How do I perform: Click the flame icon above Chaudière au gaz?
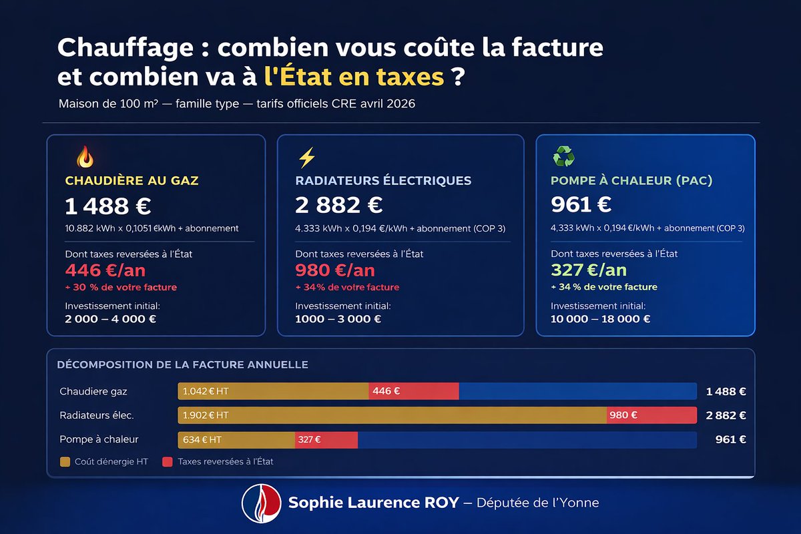[x=85, y=157]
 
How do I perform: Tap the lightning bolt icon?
[x=306, y=158]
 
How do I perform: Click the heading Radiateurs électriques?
[x=383, y=180]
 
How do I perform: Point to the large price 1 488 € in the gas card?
[x=107, y=206]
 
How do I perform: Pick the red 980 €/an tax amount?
[x=334, y=270]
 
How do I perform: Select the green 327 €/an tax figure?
[x=588, y=270]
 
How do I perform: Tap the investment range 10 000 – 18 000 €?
[x=599, y=318]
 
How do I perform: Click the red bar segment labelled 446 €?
[x=414, y=391]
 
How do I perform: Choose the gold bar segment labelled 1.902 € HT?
[x=392, y=415]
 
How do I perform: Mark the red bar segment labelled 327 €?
[x=326, y=439]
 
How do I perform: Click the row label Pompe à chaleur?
[x=99, y=439]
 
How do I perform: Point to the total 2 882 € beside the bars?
[x=726, y=415]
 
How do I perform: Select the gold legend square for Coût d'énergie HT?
[x=65, y=461]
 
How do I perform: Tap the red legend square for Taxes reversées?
[x=168, y=461]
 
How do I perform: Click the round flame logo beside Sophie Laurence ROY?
[x=260, y=503]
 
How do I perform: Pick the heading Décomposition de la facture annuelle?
[x=182, y=365]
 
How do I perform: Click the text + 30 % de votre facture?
[x=121, y=287]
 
